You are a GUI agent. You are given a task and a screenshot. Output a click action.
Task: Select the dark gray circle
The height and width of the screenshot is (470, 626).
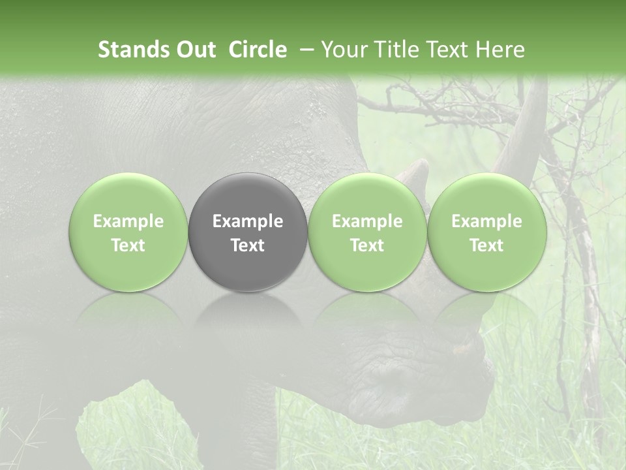(x=248, y=232)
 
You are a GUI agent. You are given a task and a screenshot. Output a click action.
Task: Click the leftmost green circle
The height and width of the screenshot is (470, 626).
(x=128, y=232)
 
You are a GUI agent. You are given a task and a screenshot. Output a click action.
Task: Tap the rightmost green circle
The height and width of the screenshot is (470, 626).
(x=486, y=232)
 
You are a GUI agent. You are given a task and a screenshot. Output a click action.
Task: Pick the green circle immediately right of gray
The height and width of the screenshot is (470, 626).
(x=367, y=232)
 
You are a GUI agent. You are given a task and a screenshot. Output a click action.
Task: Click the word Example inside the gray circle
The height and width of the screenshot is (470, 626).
(x=248, y=221)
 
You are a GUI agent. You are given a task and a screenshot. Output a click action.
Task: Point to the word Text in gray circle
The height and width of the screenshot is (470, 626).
(x=248, y=245)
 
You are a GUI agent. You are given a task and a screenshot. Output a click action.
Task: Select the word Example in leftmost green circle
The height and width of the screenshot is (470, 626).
(x=128, y=221)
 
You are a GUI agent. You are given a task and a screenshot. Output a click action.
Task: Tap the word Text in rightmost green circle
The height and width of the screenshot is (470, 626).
(x=486, y=245)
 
